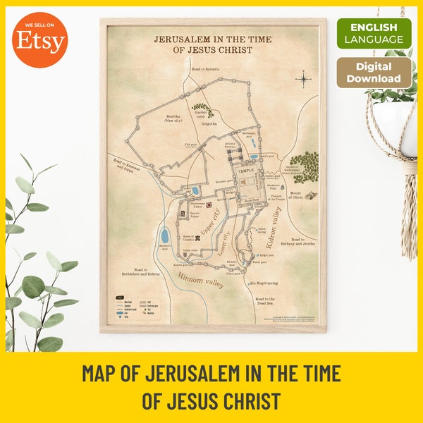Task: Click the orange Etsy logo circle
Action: tap(40, 42)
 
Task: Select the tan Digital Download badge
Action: tap(374, 72)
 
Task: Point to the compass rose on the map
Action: tap(303, 78)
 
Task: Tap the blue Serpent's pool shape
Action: tap(164, 235)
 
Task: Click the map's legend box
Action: tap(138, 308)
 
